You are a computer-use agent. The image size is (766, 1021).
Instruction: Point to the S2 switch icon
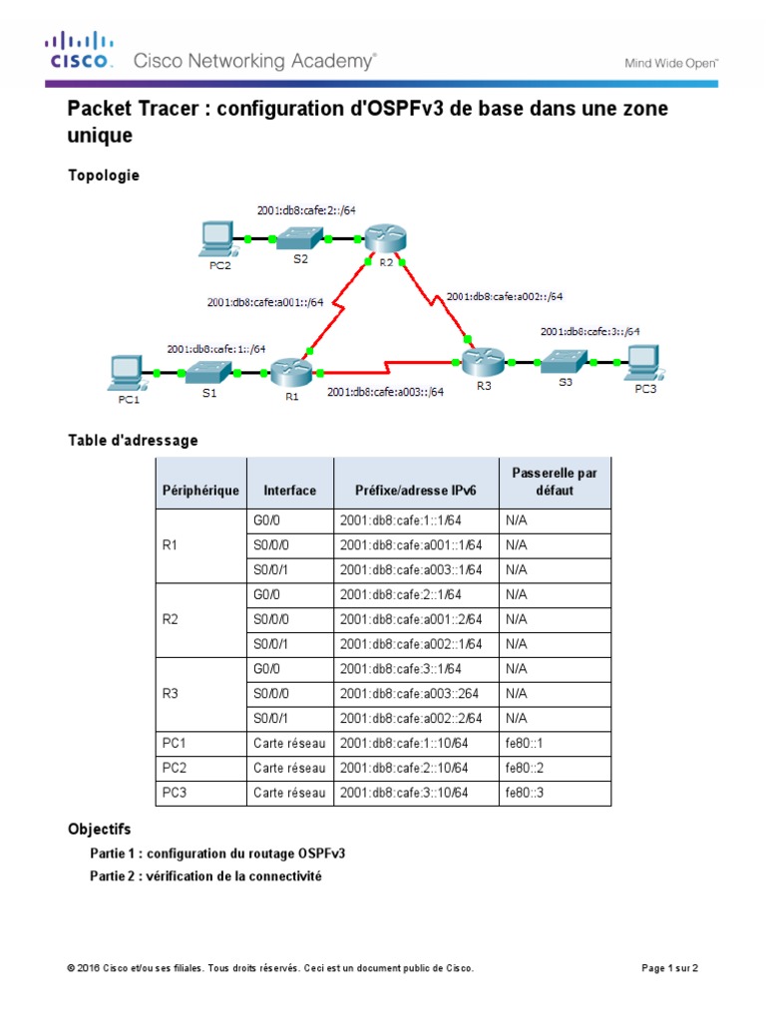point(300,238)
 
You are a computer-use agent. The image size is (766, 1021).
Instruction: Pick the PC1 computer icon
point(127,373)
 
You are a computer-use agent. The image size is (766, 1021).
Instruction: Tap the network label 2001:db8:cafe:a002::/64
point(505,296)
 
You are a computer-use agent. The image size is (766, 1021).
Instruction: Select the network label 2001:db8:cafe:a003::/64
point(385,392)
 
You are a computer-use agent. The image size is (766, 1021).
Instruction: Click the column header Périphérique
point(200,490)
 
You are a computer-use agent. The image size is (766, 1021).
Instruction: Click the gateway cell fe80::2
point(522,768)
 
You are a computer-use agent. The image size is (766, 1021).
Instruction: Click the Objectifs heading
point(99,830)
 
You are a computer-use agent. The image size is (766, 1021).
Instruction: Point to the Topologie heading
point(104,175)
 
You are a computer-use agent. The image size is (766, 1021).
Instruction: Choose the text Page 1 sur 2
point(668,968)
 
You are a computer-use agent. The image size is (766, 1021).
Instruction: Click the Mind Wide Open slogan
point(671,62)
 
